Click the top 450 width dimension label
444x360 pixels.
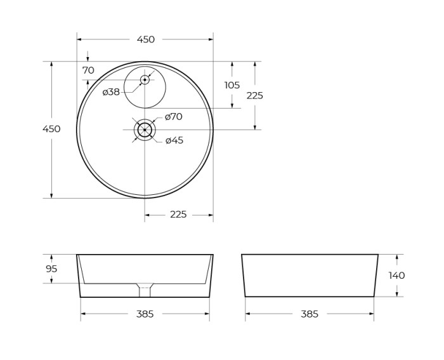145,39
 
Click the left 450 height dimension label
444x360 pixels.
51,129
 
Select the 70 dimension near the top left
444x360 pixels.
88,70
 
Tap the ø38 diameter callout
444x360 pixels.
111,92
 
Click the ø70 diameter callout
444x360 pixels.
173,117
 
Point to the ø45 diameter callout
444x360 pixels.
174,140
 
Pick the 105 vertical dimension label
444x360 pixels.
232,85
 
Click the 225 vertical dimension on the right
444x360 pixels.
254,96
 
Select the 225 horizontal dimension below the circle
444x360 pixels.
178,215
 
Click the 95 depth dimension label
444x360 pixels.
51,269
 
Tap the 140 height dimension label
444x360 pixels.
396,276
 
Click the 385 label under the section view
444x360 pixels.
145,314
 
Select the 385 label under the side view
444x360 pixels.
309,314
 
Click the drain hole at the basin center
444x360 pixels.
145,130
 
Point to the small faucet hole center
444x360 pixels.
145,79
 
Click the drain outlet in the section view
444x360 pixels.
145,290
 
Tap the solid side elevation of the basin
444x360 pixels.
310,276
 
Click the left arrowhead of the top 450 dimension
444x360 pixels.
79,39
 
